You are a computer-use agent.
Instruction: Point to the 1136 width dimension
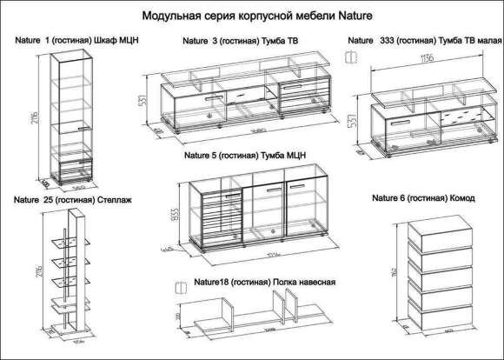pos(426,60)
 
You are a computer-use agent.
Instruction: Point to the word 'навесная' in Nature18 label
pos(315,283)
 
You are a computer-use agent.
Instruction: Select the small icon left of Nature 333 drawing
pos(351,57)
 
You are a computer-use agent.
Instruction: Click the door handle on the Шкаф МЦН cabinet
pos(81,129)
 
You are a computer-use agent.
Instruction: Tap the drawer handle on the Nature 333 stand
pos(401,123)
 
